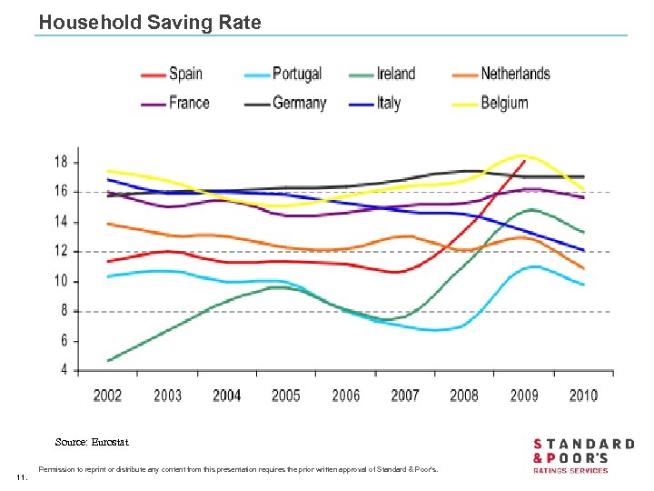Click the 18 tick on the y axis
click(61, 162)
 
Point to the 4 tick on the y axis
click(64, 370)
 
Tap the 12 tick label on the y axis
click(61, 251)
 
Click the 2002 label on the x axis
click(107, 395)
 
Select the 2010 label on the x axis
click(583, 395)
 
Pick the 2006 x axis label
click(345, 395)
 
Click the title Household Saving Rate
click(150, 23)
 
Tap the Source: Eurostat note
click(92, 442)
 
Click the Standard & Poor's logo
click(583, 455)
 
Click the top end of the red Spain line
click(524, 161)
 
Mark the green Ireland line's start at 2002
click(108, 361)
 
